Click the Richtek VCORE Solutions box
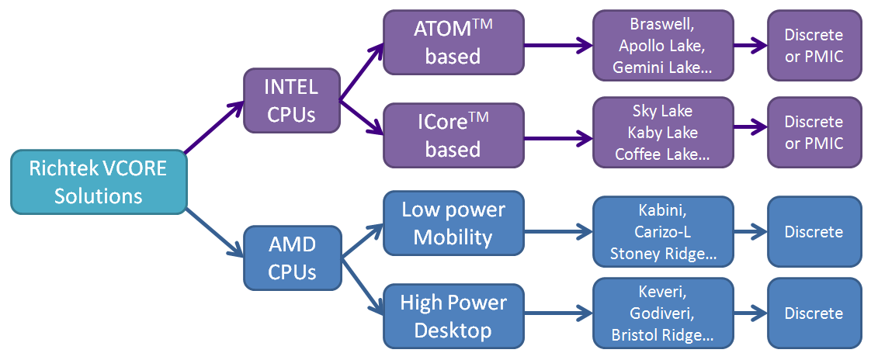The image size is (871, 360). [x=98, y=182]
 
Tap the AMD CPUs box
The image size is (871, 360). [x=291, y=259]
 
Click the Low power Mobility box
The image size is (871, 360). [x=453, y=224]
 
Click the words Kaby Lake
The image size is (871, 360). [x=662, y=133]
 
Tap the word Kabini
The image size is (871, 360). [x=662, y=211]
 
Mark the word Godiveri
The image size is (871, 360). [x=662, y=314]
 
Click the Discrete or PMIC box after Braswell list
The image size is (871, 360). [x=814, y=45]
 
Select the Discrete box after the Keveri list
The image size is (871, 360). [x=814, y=313]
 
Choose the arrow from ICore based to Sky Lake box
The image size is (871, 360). [x=557, y=138]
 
